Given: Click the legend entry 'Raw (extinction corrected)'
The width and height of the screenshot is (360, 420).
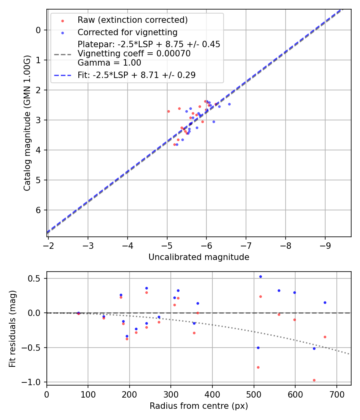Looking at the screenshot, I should (x=132, y=20).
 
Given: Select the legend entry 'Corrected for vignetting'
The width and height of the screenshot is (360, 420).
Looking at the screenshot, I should (x=127, y=32).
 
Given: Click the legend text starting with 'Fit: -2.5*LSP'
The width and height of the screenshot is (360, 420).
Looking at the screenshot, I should (x=136, y=75).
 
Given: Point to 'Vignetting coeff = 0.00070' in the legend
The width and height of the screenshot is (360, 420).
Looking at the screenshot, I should (x=134, y=54).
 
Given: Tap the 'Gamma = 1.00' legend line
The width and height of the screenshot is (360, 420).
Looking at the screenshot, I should (x=109, y=63).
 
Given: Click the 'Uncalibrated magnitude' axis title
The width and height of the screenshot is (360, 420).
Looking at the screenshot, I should (x=199, y=257).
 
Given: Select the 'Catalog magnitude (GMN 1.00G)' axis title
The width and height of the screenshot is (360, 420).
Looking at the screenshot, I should (x=27, y=123).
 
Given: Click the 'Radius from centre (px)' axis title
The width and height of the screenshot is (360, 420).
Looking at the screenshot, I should (x=199, y=406).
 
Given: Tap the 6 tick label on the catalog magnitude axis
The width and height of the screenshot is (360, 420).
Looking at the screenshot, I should (x=38, y=210).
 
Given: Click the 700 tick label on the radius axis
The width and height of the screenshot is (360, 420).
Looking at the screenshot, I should (x=336, y=394).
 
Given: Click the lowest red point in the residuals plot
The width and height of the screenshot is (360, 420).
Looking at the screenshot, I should (x=314, y=380).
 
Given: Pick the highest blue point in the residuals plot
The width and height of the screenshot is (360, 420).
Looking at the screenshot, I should (x=260, y=276).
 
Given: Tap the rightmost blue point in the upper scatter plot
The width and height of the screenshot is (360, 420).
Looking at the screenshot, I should (x=229, y=104).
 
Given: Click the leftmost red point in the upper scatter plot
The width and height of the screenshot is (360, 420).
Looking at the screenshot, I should (x=168, y=111).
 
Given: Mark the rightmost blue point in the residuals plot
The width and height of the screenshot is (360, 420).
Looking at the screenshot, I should (x=325, y=302).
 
